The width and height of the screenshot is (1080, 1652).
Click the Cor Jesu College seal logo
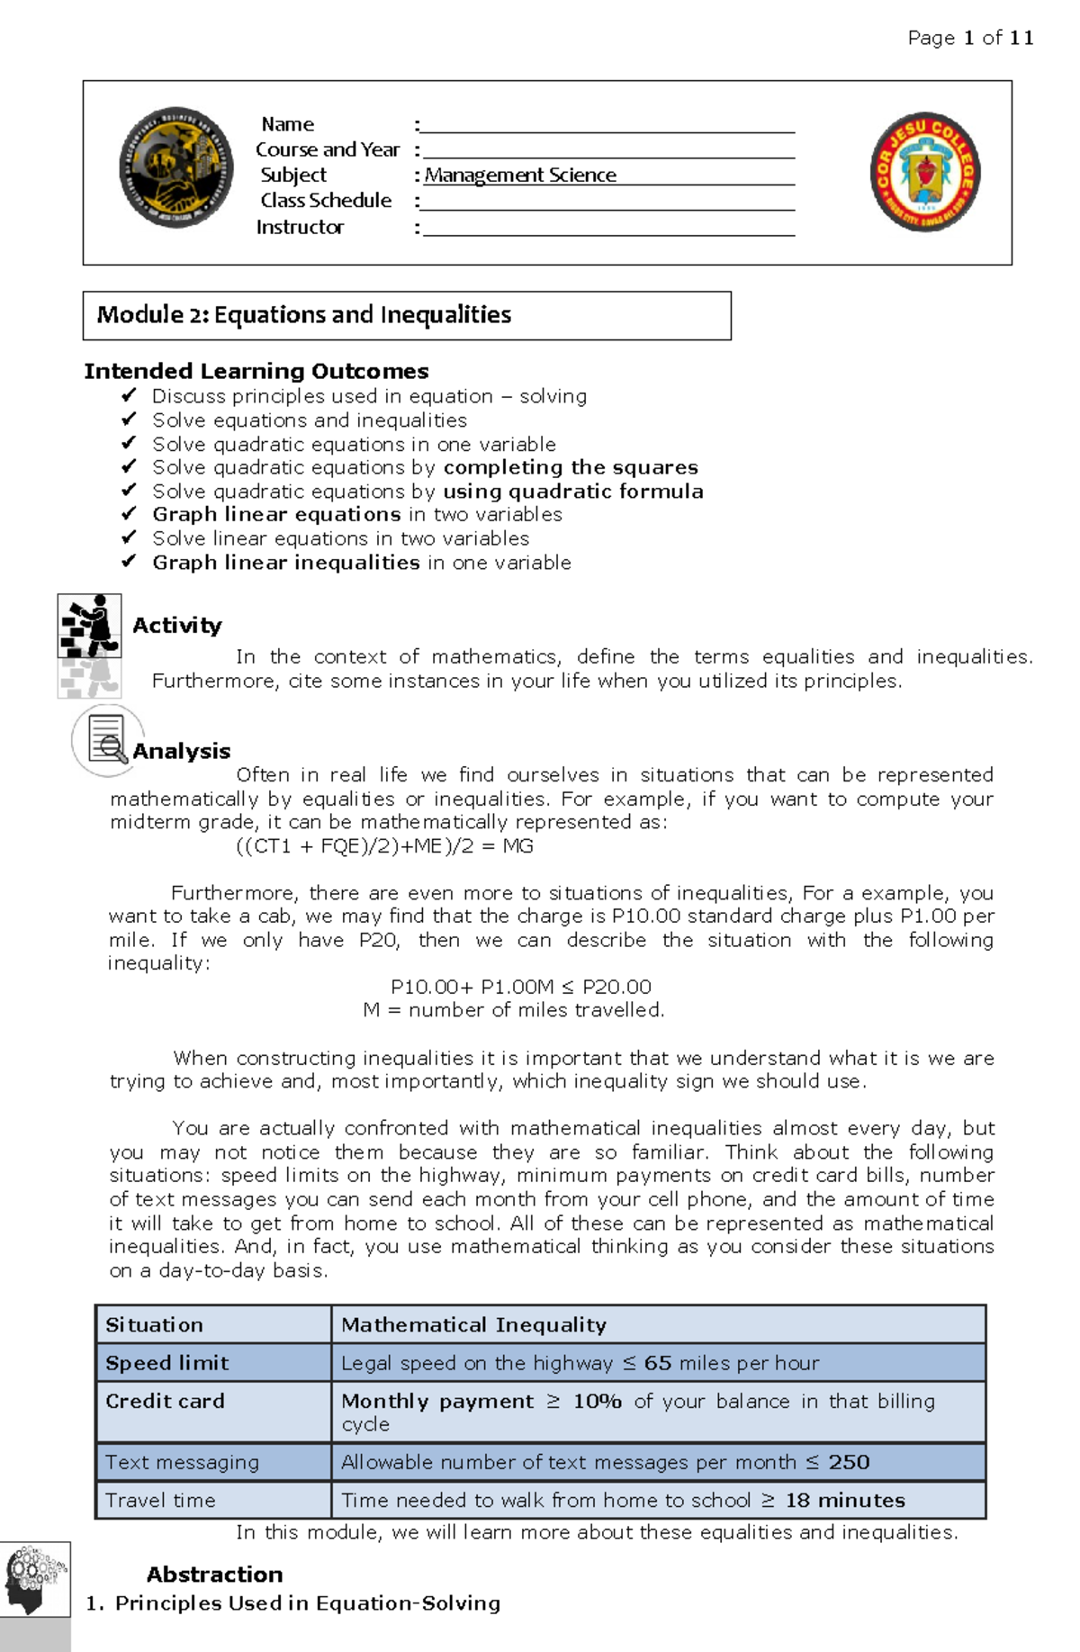pos(925,172)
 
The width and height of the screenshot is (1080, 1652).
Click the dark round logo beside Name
pos(176,168)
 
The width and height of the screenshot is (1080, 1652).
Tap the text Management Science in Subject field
pos(520,176)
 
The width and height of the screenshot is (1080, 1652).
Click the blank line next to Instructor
pos(608,228)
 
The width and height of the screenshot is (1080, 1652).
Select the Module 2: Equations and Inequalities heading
pos(304,315)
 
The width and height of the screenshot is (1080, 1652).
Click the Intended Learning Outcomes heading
pos(256,371)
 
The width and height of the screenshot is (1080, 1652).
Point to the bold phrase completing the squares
pos(571,467)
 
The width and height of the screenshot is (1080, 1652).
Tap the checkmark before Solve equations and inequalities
pos(129,420)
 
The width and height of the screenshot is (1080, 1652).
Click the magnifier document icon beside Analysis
pos(107,740)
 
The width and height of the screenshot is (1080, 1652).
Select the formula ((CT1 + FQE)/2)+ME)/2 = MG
pos(384,845)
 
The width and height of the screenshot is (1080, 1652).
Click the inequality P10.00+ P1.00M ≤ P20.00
pos(520,987)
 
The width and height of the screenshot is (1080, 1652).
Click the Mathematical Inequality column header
pos(474,1324)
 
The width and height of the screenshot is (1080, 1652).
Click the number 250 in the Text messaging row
pos(849,1462)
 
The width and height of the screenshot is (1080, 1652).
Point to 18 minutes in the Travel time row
pos(845,1500)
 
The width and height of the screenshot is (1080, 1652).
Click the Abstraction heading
pos(214,1574)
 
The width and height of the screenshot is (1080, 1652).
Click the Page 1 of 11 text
pos(970,38)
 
